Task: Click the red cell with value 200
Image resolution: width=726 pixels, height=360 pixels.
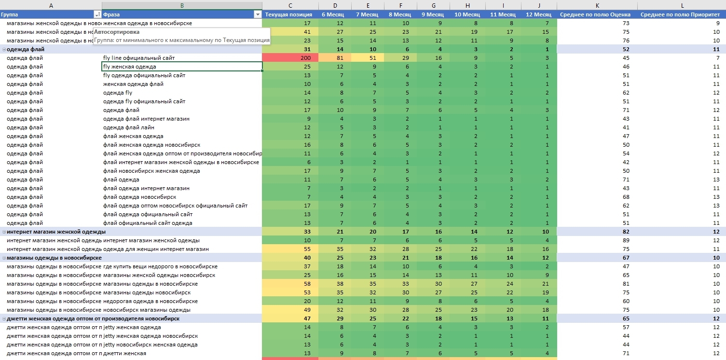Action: tap(290, 58)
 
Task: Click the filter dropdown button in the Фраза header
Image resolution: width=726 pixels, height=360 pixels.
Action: tap(257, 14)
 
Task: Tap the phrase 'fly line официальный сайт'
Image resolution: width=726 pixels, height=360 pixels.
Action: tap(138, 58)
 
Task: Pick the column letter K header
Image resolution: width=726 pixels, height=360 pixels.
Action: tap(597, 5)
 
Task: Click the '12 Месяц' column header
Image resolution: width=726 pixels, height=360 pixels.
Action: tap(539, 14)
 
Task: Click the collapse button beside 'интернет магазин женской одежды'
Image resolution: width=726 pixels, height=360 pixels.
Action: tap(4, 232)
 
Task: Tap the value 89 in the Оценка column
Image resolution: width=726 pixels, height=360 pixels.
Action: tap(626, 240)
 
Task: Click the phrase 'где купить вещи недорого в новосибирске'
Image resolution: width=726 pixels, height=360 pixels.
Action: tap(160, 266)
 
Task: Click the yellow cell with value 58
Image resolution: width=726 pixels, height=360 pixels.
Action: tap(290, 284)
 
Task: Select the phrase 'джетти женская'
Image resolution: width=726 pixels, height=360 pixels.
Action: tap(124, 353)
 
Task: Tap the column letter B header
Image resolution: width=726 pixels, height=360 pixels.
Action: tap(181, 5)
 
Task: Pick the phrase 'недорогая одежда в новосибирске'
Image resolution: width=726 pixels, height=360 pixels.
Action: tap(151, 301)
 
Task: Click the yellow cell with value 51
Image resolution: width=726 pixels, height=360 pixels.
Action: tap(368, 58)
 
